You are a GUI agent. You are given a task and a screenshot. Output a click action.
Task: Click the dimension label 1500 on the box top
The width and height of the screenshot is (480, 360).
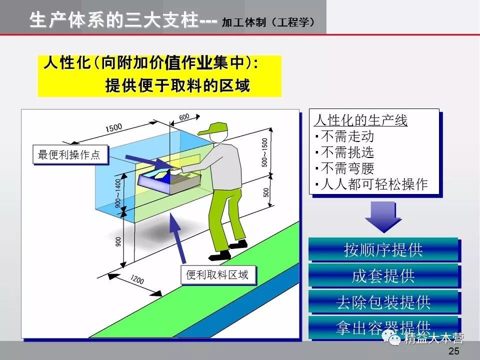[113, 128]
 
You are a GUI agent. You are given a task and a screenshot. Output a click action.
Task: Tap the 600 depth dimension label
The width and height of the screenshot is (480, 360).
[184, 117]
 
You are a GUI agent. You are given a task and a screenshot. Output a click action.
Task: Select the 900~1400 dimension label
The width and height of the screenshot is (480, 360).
[118, 193]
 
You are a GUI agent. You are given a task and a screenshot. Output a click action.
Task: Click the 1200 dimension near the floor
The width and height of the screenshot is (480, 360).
[136, 280]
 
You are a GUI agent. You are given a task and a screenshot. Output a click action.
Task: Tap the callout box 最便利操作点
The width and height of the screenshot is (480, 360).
[69, 155]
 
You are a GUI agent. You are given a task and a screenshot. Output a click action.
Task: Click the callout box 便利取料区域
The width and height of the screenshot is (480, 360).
[217, 275]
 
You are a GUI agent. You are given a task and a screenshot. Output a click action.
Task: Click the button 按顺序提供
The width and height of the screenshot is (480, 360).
[383, 249]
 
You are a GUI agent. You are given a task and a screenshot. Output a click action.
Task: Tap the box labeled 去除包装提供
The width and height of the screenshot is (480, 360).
[383, 302]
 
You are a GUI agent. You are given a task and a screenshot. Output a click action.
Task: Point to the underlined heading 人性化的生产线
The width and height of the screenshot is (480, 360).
[360, 120]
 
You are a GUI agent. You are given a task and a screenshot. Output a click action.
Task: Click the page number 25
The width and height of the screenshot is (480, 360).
[454, 351]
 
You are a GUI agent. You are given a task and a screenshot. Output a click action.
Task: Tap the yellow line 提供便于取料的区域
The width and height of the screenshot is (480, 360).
[177, 85]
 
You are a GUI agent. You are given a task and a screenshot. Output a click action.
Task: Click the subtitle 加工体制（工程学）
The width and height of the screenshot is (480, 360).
[268, 22]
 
